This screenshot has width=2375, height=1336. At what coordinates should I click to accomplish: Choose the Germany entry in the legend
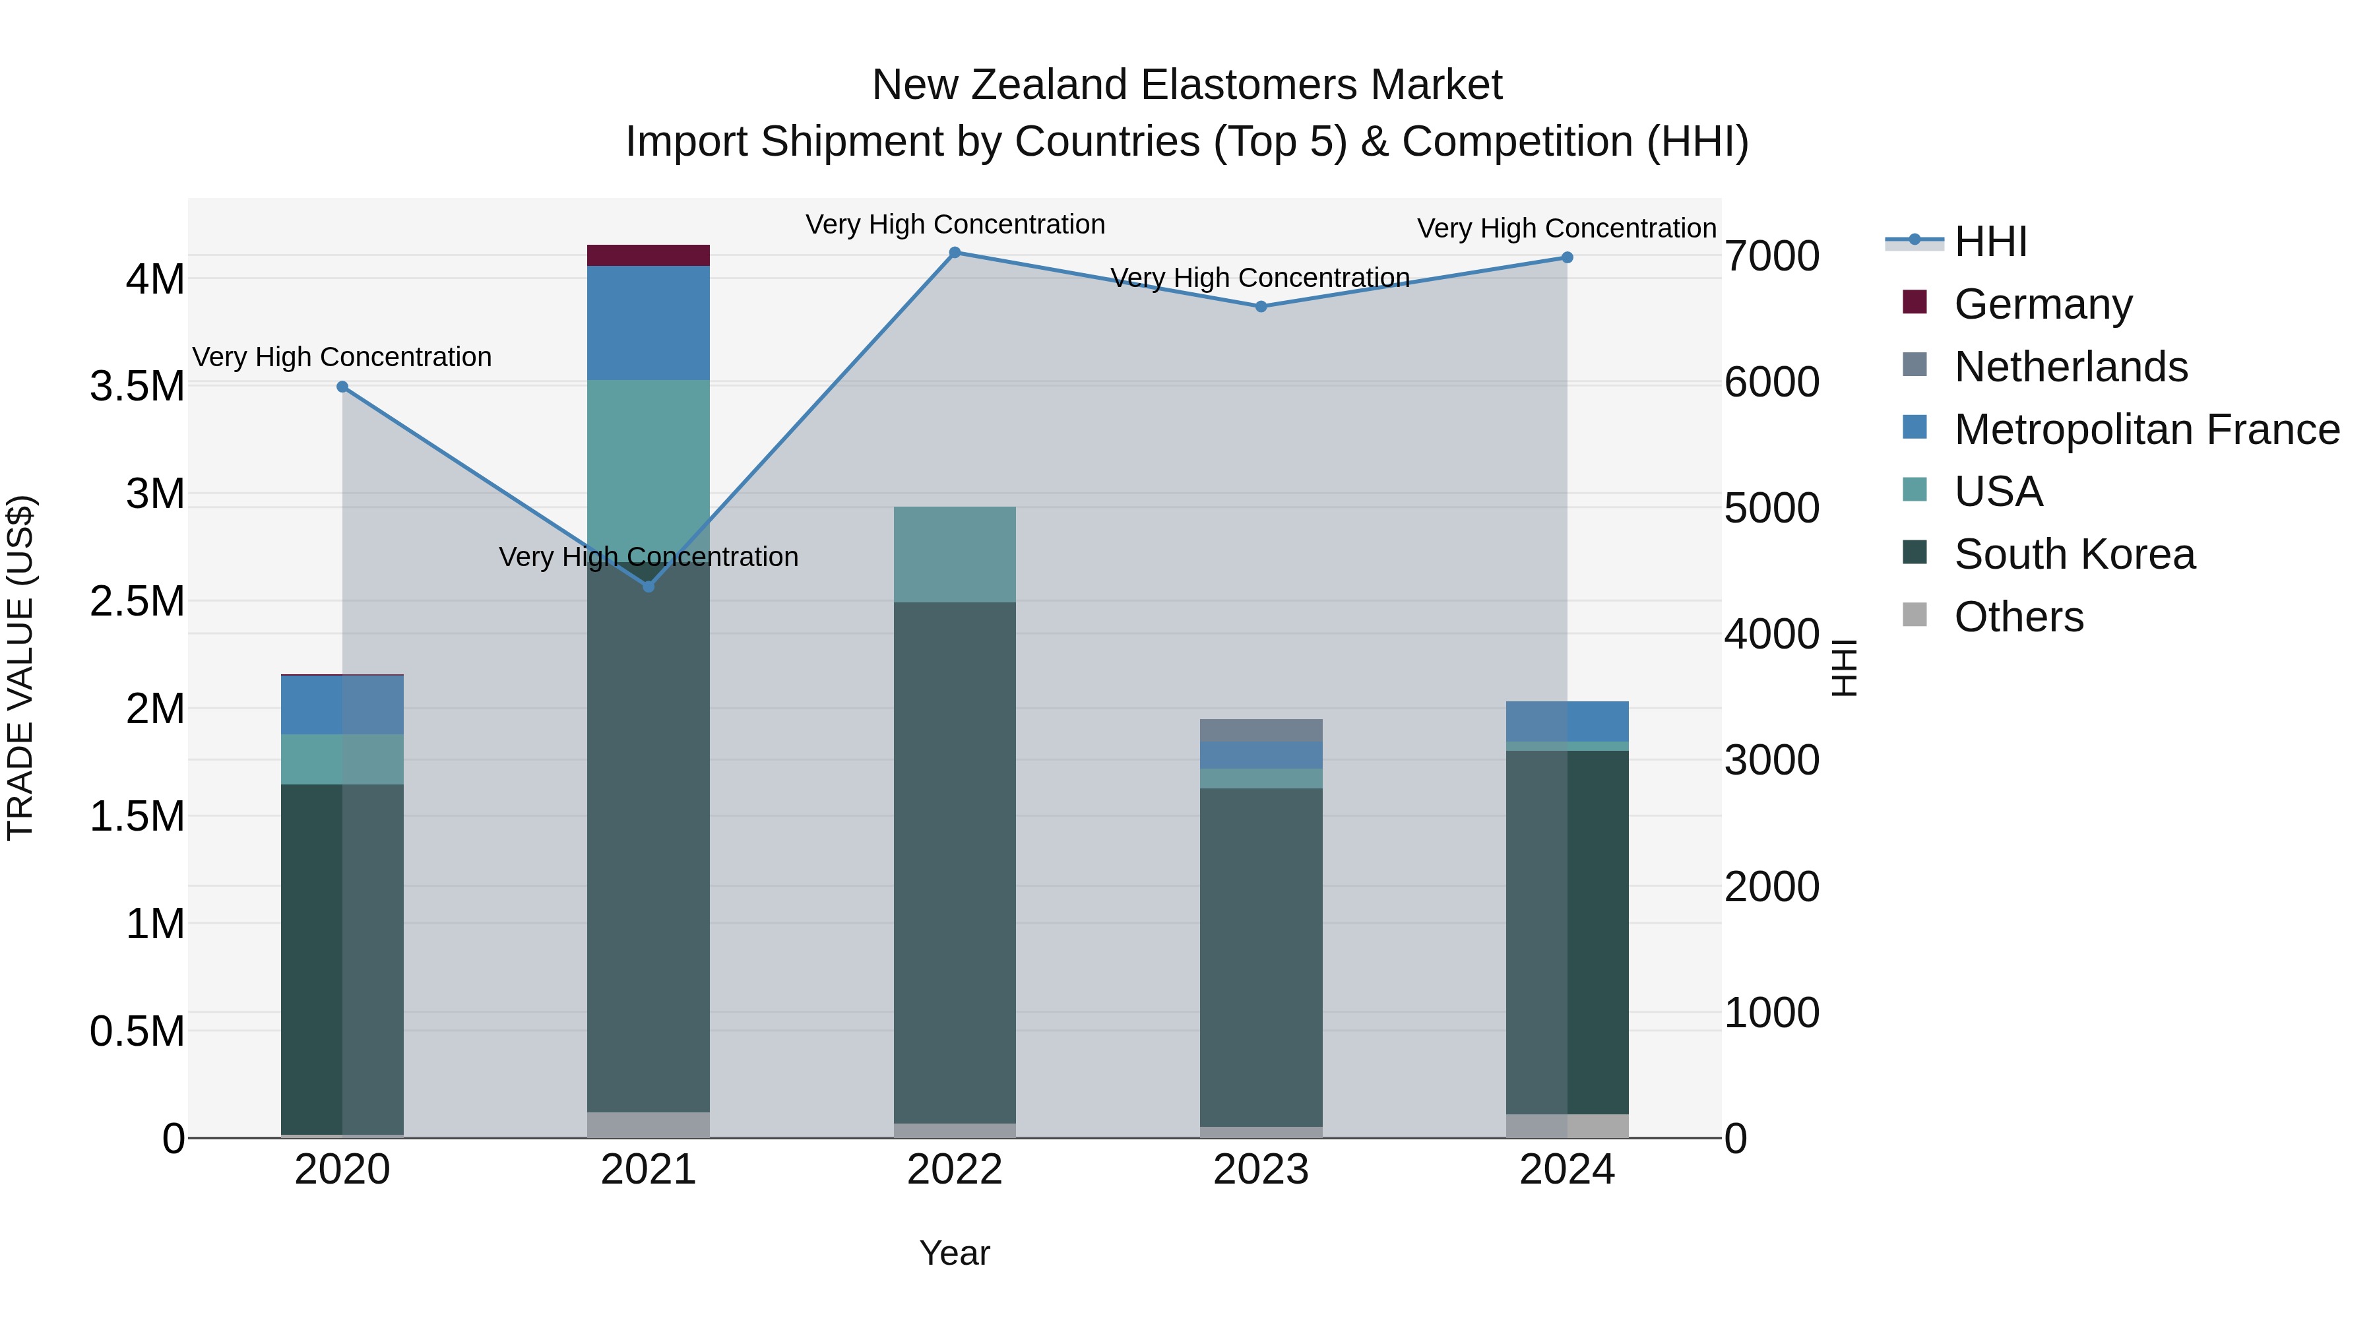pos(2042,304)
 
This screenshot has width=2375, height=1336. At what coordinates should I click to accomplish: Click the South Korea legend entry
pos(2074,554)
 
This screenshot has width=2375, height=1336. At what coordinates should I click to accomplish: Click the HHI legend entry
pos(1990,241)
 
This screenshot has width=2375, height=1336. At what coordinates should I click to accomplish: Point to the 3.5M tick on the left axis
pos(137,387)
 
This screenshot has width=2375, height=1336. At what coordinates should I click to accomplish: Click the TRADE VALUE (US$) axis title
pos(20,668)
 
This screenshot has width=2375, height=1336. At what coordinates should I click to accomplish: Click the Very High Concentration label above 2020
pos(342,357)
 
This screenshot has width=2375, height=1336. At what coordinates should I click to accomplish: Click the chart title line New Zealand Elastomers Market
pos(1187,85)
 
